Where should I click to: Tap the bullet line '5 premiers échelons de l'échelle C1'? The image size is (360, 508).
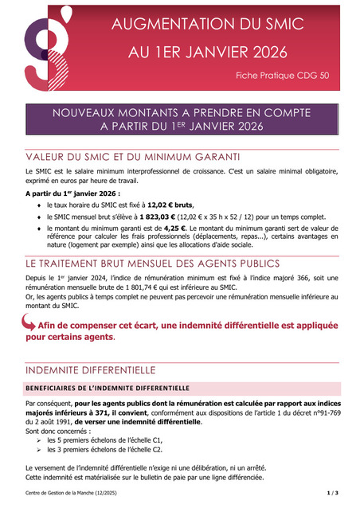[104, 439]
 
